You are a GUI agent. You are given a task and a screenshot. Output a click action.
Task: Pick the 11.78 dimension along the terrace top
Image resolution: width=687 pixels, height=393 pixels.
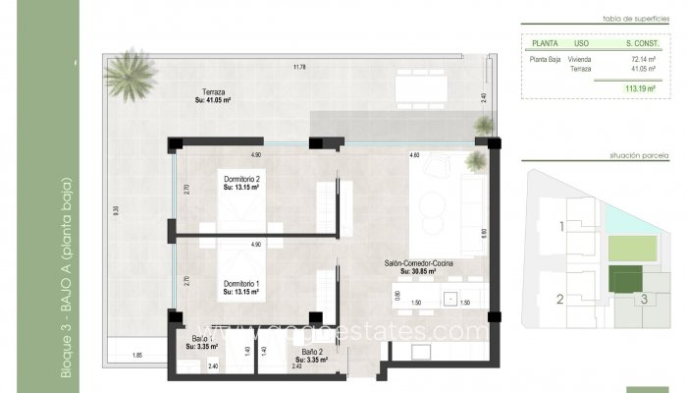click(299, 67)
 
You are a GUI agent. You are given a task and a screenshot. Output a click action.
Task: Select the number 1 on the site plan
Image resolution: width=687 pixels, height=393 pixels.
click(561, 228)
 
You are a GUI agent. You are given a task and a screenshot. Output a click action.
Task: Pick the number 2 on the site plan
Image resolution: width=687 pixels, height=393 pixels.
click(560, 300)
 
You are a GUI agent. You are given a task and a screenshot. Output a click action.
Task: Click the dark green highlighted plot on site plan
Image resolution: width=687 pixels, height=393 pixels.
click(623, 279)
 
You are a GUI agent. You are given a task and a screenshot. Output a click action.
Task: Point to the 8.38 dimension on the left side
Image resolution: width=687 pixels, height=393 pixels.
click(117, 208)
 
